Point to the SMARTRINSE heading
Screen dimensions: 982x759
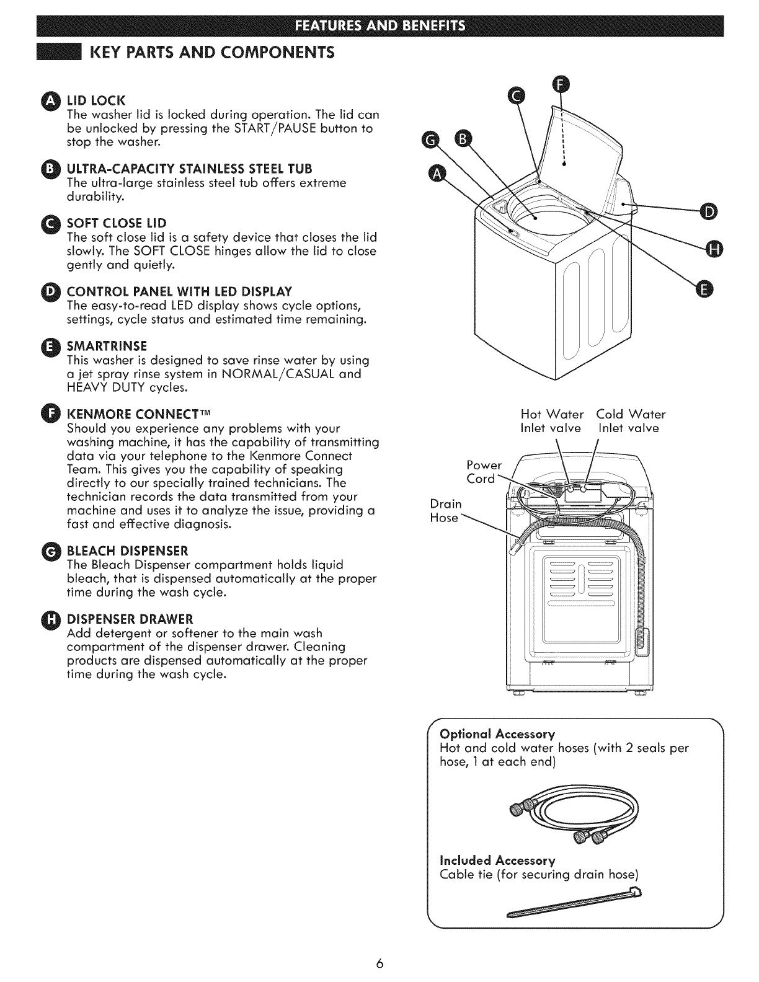coord(107,345)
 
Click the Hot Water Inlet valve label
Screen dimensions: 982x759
coord(552,421)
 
